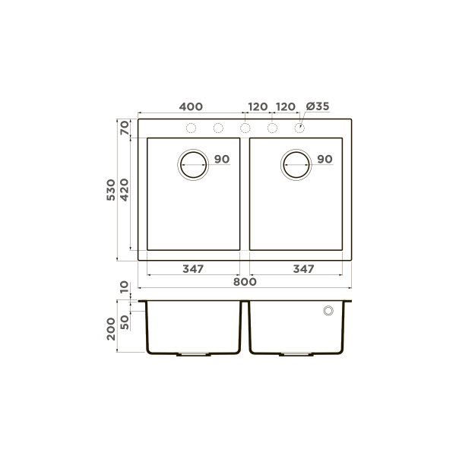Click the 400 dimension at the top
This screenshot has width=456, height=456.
tap(191, 106)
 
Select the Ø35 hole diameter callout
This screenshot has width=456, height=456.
tap(317, 106)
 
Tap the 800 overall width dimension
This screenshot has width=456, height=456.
tap(245, 282)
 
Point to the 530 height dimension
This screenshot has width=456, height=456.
tap(112, 190)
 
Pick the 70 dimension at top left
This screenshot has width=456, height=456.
tap(125, 128)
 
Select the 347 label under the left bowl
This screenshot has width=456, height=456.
tap(193, 269)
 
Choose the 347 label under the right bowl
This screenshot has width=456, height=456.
tap(303, 269)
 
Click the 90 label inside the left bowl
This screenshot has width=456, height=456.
tap(221, 160)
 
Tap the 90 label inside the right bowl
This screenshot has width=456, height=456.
tap(325, 160)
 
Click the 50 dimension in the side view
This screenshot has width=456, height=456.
tap(125, 321)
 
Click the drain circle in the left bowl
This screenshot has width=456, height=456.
tap(193, 163)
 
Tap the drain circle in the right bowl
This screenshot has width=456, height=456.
tap(296, 163)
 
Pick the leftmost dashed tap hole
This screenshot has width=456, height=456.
tap(192, 127)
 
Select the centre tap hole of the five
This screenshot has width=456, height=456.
tap(245, 127)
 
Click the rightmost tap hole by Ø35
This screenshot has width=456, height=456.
tap(300, 127)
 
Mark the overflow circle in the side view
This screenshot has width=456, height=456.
tap(328, 311)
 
